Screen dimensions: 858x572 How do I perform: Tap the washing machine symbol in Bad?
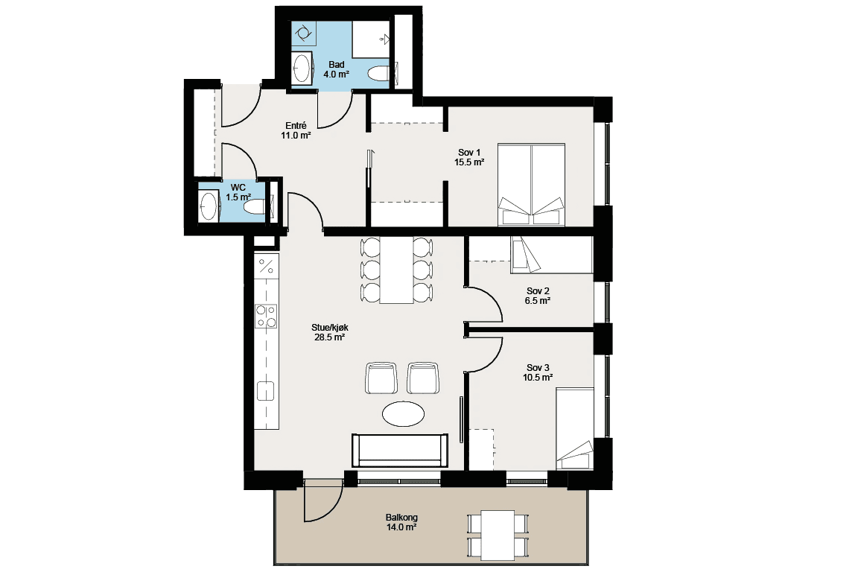pos(302,34)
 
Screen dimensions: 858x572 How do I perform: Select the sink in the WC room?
pos(209,206)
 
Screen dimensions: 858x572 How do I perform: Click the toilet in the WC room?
pos(253,208)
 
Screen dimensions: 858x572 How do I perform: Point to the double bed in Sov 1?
pos(531,185)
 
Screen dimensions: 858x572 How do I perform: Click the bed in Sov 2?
pos(552,255)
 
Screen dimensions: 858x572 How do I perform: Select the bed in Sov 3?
pos(574,428)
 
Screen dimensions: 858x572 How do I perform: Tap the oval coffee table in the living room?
pos(403,413)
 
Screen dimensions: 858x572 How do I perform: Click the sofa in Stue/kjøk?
pos(400,450)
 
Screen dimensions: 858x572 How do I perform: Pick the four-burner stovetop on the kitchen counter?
pos(266,316)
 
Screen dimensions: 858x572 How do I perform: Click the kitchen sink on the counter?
pos(266,391)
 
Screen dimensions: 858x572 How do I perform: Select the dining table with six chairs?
pos(397,270)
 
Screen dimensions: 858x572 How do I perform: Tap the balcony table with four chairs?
pos(498,535)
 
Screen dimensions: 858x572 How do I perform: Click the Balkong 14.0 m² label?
pos(401,522)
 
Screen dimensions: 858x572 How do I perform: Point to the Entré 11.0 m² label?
pos(296,130)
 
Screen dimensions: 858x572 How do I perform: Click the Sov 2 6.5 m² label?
pos(537,296)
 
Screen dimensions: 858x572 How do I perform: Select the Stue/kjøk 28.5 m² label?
pos(329,332)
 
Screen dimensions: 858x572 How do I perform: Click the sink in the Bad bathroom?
pos(302,69)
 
